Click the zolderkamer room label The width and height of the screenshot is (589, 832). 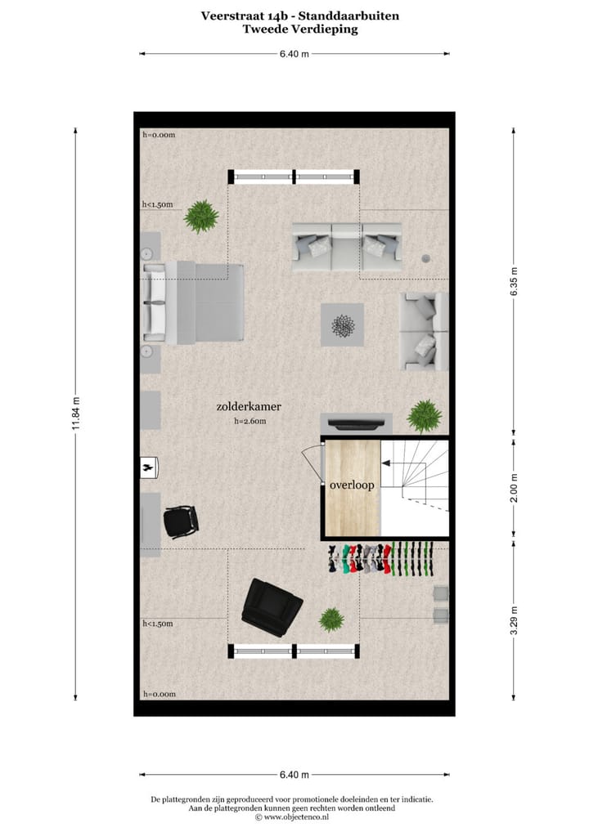(x=249, y=405)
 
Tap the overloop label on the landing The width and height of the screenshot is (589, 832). (x=352, y=485)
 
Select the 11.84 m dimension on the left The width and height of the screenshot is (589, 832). (x=76, y=414)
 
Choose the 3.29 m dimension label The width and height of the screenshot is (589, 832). (x=514, y=620)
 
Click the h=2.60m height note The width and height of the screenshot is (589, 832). (x=250, y=422)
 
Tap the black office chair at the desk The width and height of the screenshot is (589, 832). (x=180, y=521)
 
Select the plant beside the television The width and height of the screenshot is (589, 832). (x=424, y=415)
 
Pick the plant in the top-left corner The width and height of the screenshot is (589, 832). (x=201, y=217)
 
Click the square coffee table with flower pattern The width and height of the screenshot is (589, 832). (x=342, y=324)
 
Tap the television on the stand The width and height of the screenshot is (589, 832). (x=356, y=423)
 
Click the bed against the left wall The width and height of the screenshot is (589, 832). (x=195, y=303)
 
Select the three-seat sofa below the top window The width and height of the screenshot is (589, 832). (x=347, y=246)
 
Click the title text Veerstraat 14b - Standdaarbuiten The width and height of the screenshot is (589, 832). (x=300, y=16)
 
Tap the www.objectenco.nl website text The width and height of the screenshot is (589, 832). (x=295, y=816)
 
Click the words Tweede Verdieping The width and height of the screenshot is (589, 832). (x=300, y=29)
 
